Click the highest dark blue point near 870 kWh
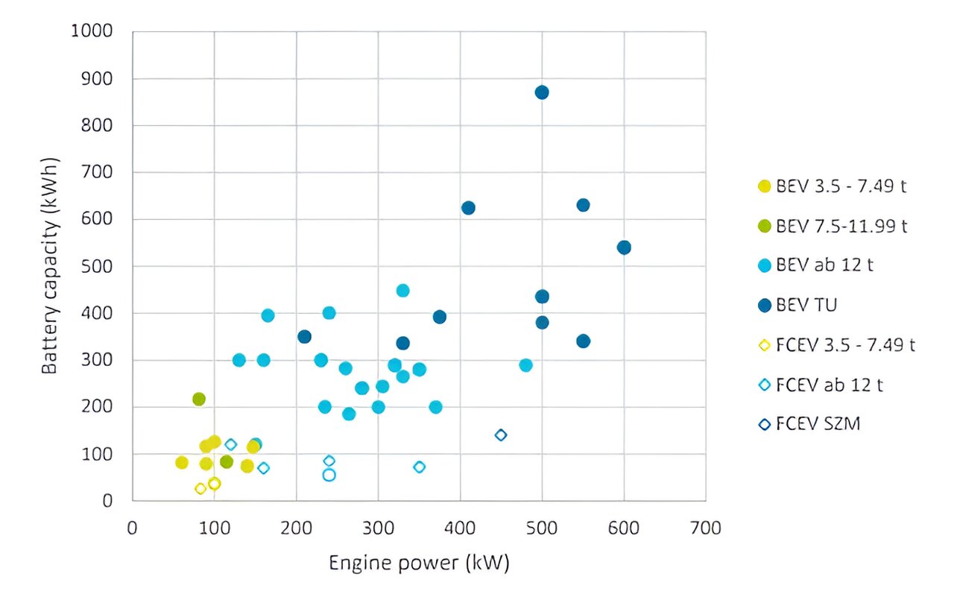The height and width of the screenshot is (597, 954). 542,92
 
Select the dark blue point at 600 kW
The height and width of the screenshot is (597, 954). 624,247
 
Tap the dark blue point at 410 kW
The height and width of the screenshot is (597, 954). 468,208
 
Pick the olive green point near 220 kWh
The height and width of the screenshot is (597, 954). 198,399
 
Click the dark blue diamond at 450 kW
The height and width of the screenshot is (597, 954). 501,435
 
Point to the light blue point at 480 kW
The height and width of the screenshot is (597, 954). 525,365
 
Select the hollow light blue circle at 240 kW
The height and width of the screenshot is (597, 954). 329,475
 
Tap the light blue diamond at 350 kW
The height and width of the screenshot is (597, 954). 419,467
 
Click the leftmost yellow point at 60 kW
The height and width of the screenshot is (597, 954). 182,463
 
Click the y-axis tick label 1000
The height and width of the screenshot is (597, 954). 91,31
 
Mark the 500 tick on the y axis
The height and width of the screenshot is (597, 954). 98,266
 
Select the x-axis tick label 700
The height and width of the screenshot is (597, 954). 706,528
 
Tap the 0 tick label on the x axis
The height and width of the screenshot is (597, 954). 133,528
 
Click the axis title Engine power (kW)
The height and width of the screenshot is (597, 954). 419,563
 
